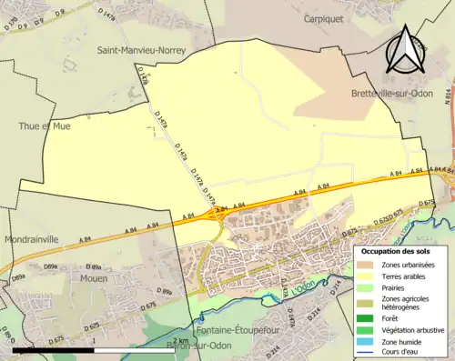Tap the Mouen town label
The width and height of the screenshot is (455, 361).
click(x=96, y=279)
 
